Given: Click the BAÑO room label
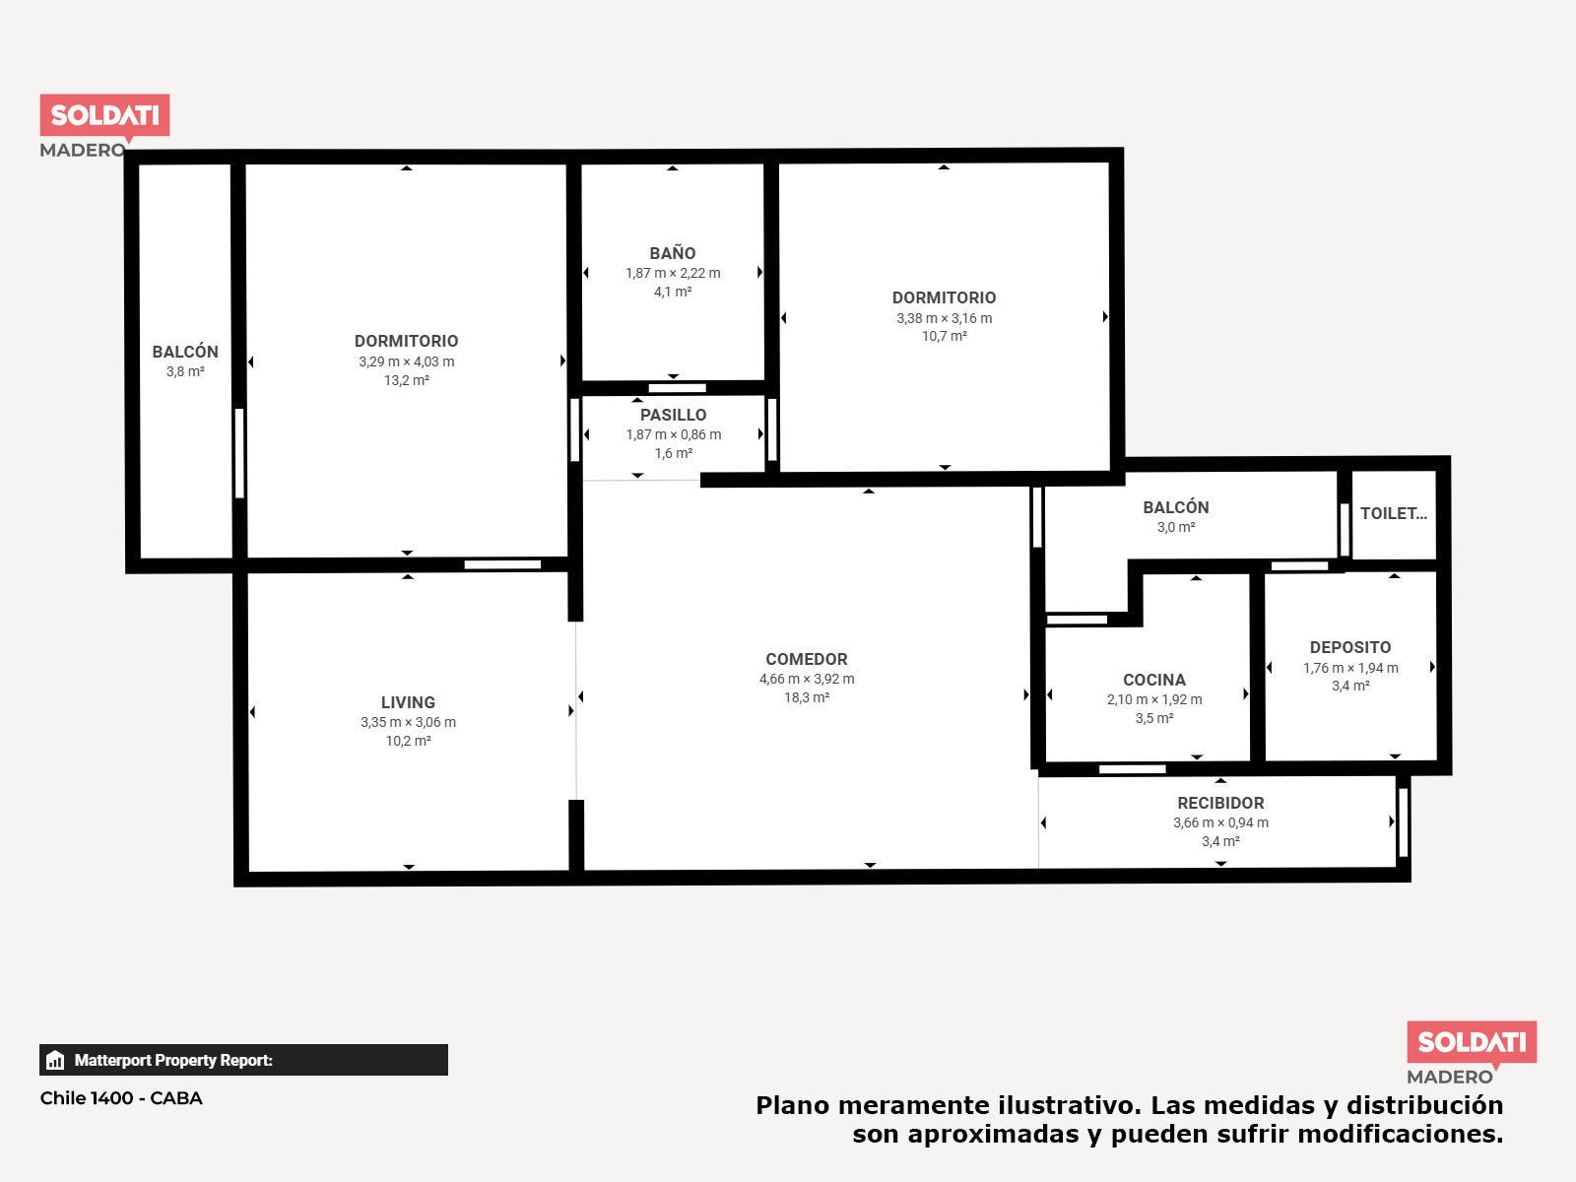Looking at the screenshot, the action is point(672,252).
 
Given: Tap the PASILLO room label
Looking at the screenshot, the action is point(673,415).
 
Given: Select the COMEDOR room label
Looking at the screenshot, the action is point(807,659).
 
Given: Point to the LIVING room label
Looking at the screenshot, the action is point(408,702).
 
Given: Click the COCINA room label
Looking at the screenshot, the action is point(1153,680).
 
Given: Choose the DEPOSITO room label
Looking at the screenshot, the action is point(1349,647).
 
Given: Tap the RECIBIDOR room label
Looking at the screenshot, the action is point(1220,803).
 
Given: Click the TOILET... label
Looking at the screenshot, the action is point(1393,513).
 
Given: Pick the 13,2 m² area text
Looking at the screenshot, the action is point(407,380).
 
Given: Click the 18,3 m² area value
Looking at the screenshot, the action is point(807,697).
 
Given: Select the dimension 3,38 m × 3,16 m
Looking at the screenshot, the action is point(945,318).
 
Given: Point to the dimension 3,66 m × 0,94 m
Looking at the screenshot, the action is point(1220,822).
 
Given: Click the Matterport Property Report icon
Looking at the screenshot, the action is point(55,1060).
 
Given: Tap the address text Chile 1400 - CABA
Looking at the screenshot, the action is point(121,1098).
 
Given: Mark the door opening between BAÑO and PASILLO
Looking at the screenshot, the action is point(677,388).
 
